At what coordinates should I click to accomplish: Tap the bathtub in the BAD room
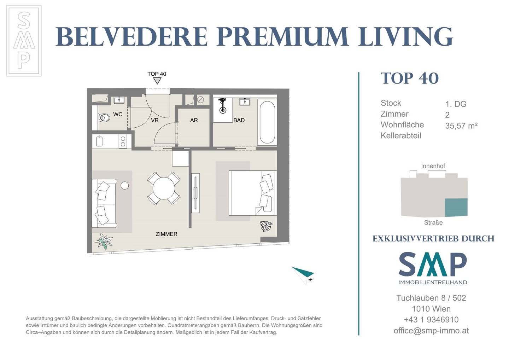pos(267,122)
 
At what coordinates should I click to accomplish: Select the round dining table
pos(164,188)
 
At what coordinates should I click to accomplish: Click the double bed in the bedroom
pos(253,193)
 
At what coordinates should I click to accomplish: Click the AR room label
pos(194,120)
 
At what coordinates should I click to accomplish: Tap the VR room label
pos(155,120)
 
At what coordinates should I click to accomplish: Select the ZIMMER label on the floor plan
pos(166,234)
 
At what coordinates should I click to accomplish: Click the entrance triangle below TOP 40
pos(157,81)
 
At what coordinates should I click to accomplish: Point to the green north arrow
pos(303,275)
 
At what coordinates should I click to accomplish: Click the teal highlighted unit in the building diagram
pos(456,207)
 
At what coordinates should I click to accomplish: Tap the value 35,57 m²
pos(461,126)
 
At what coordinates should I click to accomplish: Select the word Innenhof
pos(433,166)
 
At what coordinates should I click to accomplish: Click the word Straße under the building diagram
pos(433,222)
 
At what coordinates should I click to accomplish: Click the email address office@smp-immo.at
pos(431,331)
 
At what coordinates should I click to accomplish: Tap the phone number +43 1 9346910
pos(431,320)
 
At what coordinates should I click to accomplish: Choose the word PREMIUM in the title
pos(282,37)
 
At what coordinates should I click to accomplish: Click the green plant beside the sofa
pos(104,242)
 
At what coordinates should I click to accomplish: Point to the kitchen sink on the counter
pos(99,141)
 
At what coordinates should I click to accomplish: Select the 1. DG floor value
pos(456,104)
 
